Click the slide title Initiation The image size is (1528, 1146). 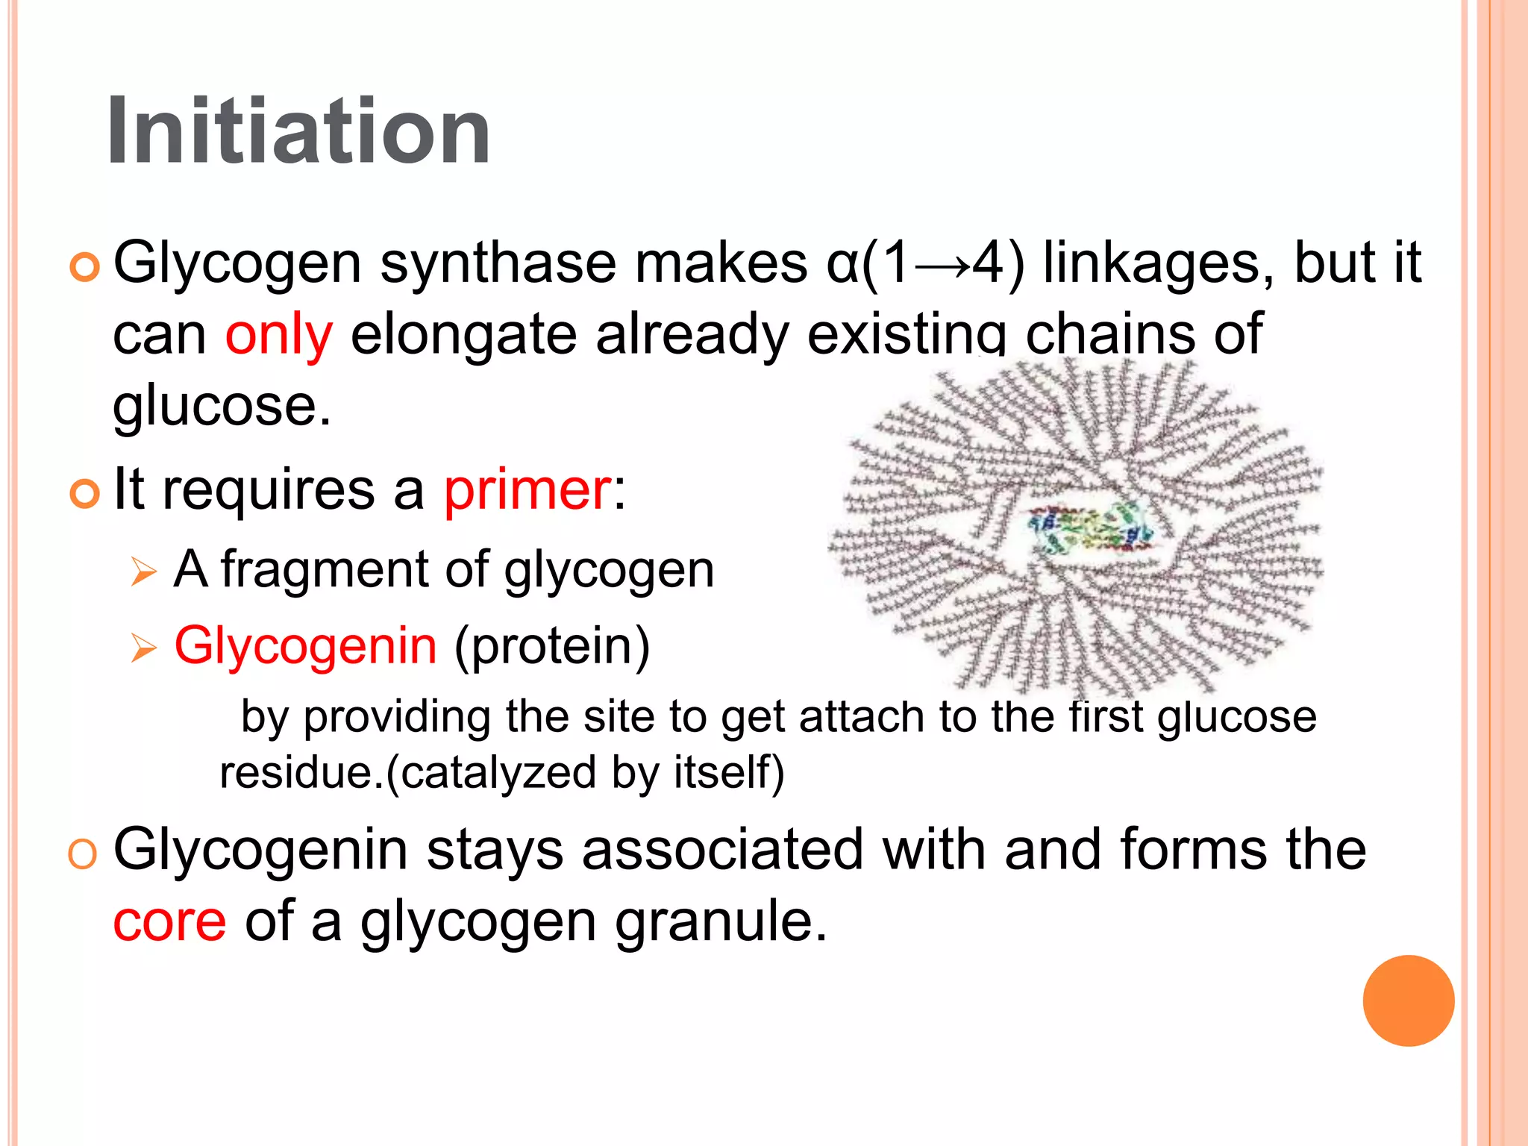pos(298,131)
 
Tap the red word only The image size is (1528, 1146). pos(279,336)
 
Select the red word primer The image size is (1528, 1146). pos(527,491)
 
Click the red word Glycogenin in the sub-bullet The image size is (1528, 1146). pos(306,646)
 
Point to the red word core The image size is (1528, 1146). pos(169,921)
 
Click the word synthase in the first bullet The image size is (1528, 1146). pos(498,264)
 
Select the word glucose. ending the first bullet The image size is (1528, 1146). pos(222,407)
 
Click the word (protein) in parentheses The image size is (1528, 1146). pos(552,646)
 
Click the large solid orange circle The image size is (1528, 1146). pos(1408,1001)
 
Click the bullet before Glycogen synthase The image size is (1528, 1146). pos(84,267)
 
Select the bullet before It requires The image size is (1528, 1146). pos(84,494)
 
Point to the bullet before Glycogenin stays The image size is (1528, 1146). pos(82,854)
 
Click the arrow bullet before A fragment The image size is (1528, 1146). pos(143,572)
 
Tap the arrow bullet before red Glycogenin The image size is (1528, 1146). pos(143,648)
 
